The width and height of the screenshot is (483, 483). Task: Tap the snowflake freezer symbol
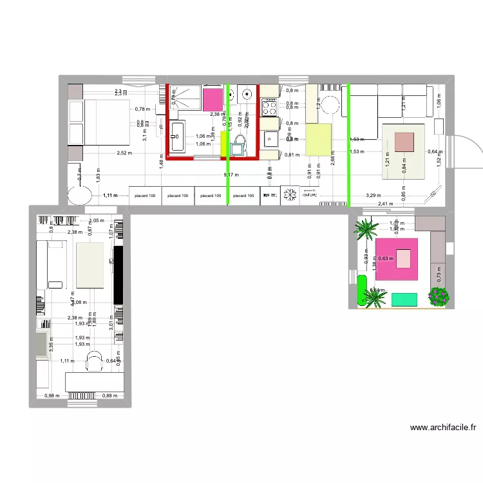click(290, 194)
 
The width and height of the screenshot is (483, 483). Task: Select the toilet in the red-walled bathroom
click(238, 144)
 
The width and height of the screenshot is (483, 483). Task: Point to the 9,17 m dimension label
click(231, 175)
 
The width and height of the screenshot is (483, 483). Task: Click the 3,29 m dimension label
click(374, 194)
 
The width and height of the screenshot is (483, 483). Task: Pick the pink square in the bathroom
click(212, 100)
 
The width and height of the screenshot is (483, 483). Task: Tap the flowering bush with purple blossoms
click(439, 296)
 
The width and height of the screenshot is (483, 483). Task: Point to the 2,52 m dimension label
click(125, 153)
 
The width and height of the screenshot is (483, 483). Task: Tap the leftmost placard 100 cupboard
click(145, 195)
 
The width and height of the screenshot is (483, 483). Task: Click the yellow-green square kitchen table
click(317, 139)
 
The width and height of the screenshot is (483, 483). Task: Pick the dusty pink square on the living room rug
click(404, 142)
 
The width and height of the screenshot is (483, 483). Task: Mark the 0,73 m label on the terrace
click(439, 275)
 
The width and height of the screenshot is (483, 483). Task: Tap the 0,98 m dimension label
click(52, 395)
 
